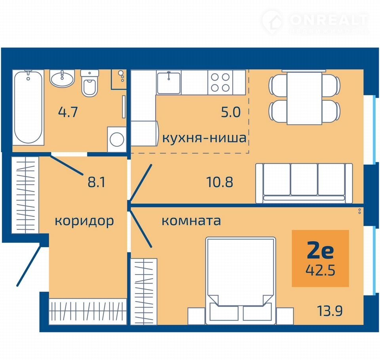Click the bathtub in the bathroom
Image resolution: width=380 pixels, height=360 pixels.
point(28,107)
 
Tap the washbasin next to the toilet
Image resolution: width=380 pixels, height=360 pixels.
point(62,78)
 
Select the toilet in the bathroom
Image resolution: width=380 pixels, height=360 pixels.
point(90,83)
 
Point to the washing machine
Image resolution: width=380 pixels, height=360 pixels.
point(117,139)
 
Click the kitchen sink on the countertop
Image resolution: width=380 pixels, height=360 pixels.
point(169,82)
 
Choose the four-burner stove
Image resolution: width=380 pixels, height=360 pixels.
point(220,82)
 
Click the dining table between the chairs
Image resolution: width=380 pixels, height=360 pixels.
point(304,98)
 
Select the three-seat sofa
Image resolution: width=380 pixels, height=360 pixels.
point(304,183)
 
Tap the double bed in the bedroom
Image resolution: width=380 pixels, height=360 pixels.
point(241,280)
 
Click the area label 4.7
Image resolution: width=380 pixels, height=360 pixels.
point(68,112)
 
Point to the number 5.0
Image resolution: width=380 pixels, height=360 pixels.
point(231,112)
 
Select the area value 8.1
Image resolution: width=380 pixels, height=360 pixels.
point(97,182)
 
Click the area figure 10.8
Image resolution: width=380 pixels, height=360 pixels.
point(220,182)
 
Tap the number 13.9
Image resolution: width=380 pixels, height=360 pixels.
point(330,311)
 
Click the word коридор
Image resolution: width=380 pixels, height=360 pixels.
point(84,221)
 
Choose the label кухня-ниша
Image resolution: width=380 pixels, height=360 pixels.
point(204,138)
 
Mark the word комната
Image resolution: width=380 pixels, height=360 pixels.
point(191,221)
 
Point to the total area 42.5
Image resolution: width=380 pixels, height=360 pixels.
point(320,270)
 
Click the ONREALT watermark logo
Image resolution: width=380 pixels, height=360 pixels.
point(315,22)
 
